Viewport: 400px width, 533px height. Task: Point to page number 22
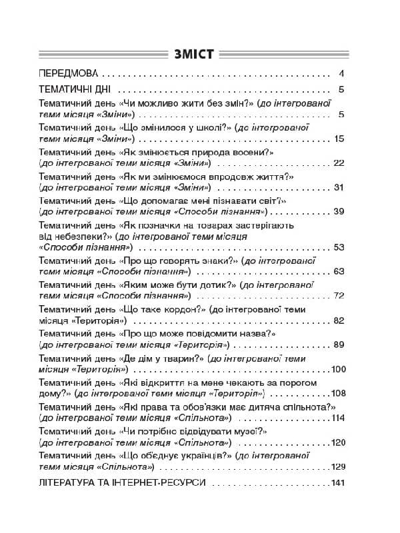337,163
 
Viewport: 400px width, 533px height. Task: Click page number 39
337,211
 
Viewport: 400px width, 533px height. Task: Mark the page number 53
337,247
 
